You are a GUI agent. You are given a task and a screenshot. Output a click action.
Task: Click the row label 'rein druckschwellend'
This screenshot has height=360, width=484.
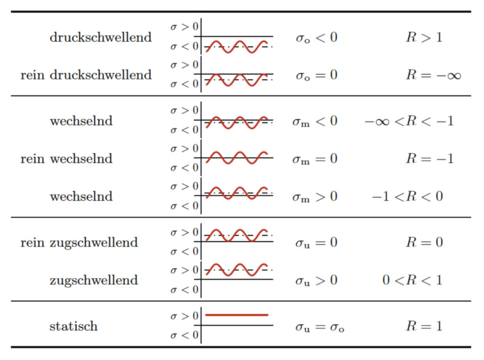coord(86,75)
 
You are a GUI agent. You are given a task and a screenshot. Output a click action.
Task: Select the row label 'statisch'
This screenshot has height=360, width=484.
coord(73,326)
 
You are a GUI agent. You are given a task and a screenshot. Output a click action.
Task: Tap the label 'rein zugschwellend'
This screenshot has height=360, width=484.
coord(79,243)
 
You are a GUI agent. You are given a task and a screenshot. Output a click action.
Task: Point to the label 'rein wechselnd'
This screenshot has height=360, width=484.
coord(66,158)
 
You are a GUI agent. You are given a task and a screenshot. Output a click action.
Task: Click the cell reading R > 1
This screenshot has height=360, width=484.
coord(424,37)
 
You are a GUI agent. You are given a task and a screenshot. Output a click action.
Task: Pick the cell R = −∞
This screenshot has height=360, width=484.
coord(433,75)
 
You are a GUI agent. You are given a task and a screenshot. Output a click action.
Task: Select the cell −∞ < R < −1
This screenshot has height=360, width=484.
coord(409,121)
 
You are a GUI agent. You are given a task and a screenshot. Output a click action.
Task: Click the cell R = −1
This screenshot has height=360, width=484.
coord(430,158)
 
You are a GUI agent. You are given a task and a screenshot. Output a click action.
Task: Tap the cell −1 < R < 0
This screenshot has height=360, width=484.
coord(407,196)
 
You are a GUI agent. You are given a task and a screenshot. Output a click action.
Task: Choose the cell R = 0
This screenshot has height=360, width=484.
coord(424,242)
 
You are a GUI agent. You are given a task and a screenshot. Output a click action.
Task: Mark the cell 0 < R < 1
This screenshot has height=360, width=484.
coord(412,280)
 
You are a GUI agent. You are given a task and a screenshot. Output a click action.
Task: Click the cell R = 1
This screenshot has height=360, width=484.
coord(424,326)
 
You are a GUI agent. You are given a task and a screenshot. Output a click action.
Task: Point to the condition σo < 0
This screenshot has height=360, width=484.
coord(316,38)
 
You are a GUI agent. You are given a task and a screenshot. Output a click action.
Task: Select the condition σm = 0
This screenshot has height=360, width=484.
coord(315,159)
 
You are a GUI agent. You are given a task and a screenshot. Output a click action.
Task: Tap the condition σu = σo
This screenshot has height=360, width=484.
coord(320,327)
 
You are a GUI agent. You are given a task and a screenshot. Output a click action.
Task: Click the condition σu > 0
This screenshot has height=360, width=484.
coord(316,281)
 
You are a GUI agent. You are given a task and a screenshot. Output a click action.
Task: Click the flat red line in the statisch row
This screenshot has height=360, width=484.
coord(237,315)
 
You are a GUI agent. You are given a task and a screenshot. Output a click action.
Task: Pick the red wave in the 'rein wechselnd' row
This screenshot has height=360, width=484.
coord(237,158)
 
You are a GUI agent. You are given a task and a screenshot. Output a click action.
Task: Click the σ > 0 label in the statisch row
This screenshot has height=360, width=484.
coord(185,316)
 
